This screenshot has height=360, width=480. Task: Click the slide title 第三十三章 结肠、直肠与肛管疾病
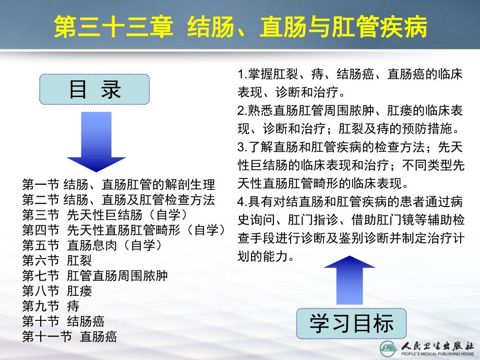coord(241,27)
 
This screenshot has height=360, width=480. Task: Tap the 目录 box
coord(94,89)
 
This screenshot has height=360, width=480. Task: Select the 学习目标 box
coord(352,323)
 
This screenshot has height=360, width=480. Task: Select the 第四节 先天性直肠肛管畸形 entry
coord(123,230)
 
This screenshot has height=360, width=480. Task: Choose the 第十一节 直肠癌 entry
coord(69,335)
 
